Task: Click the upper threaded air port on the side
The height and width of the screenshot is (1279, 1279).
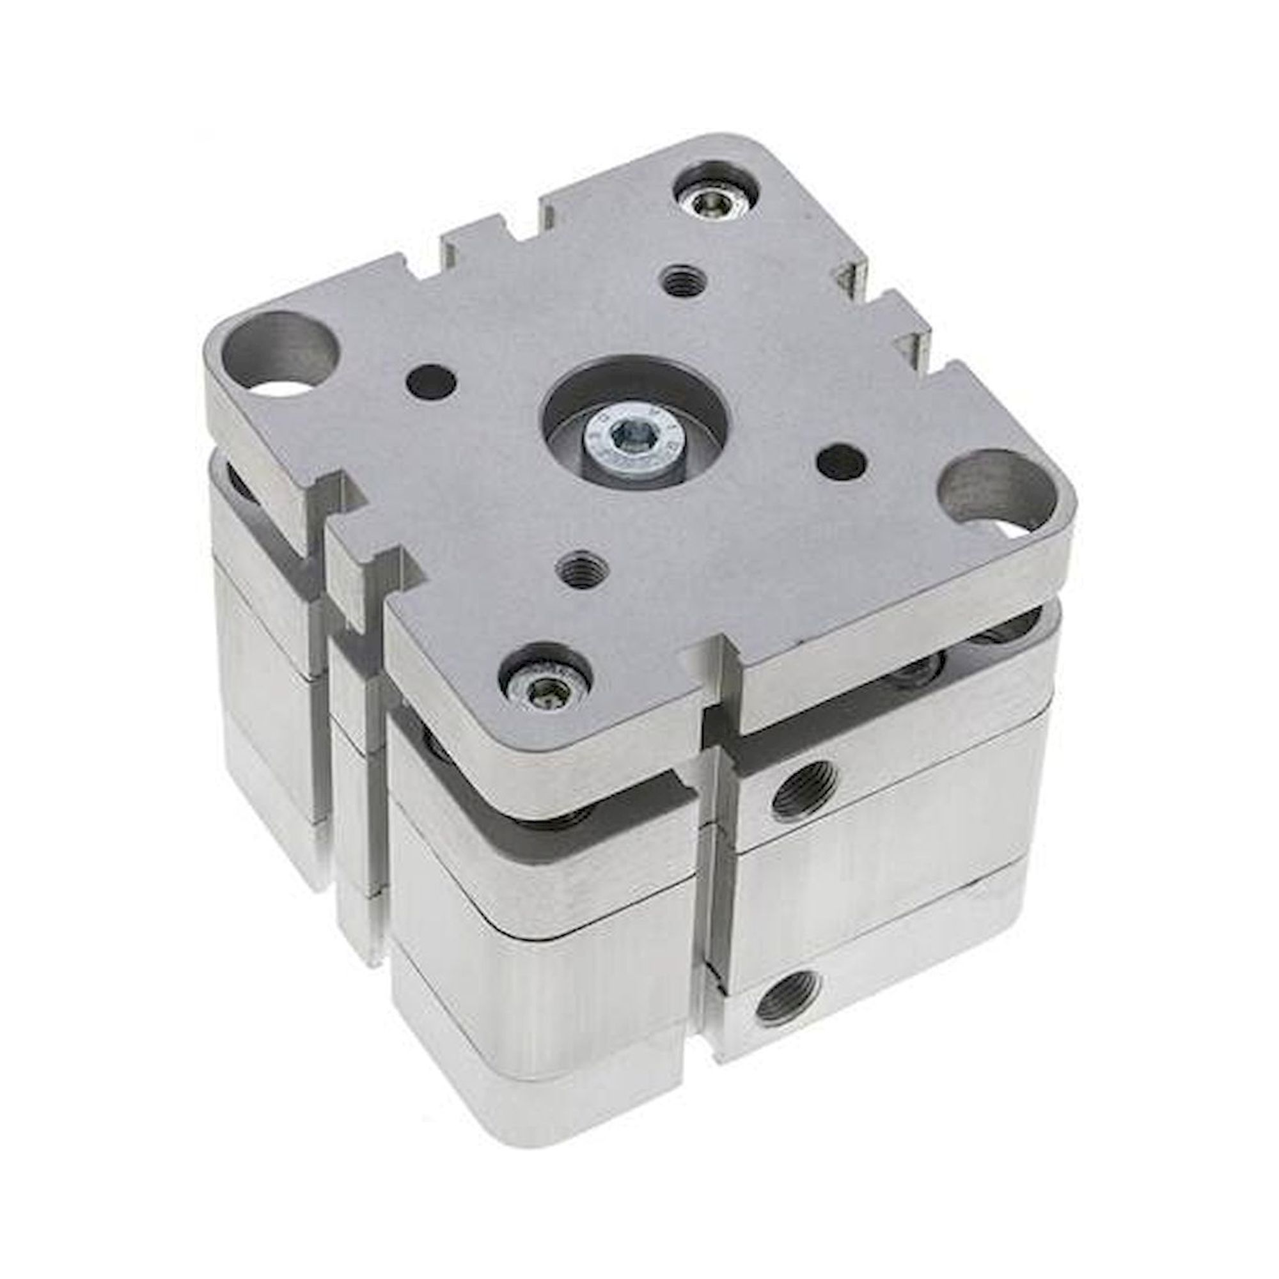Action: coord(803,789)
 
